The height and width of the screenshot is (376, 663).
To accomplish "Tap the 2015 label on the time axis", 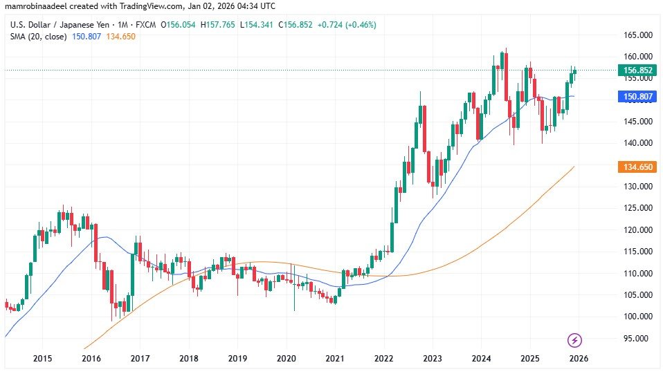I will (x=43, y=358).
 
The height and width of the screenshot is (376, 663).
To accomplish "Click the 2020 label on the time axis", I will (x=286, y=358).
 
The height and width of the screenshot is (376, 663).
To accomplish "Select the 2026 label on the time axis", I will (x=579, y=358).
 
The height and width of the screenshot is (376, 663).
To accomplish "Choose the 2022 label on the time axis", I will (x=383, y=358).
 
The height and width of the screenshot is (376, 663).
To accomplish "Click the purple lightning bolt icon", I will (x=574, y=340).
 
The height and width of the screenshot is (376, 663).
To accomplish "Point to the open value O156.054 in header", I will (x=178, y=24).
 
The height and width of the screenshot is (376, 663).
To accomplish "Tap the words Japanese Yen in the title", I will (x=84, y=24).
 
